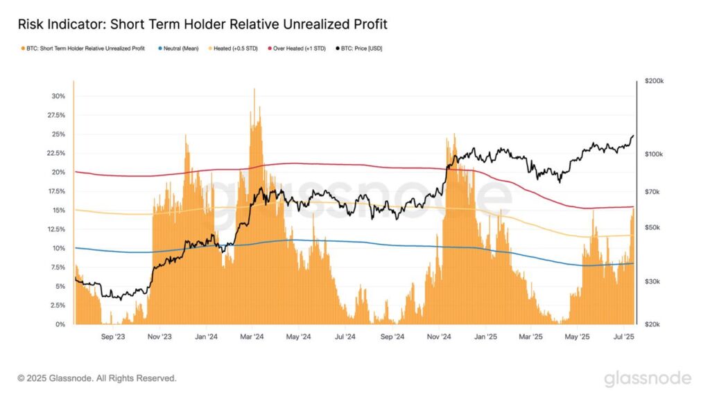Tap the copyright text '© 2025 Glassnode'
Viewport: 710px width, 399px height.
96,378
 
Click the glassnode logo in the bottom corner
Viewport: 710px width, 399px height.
647,378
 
